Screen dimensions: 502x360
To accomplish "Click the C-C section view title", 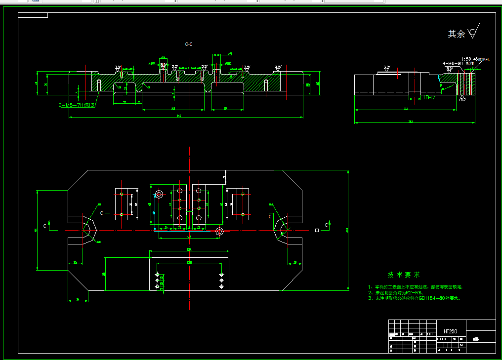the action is coord(188,44).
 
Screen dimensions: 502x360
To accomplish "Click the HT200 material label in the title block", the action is coord(450,331).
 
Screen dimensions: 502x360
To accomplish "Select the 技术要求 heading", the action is coord(404,275).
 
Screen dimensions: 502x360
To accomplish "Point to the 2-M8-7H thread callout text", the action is coord(77,105).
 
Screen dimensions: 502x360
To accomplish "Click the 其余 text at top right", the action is coord(456,34).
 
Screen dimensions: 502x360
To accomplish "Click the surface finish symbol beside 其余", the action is coord(473,32).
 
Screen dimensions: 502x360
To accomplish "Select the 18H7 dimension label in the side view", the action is coord(428,97).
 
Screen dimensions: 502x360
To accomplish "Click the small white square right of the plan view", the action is coord(317,230).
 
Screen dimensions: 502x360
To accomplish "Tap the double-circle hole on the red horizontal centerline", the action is coord(220,231).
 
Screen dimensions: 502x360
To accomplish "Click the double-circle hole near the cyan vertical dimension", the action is coord(159,194).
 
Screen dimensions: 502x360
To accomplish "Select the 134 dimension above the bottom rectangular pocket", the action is coord(189,250).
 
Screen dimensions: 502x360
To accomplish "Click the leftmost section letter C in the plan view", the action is coord(45,225).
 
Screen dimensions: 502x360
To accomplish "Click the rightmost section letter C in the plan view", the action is coord(326,225).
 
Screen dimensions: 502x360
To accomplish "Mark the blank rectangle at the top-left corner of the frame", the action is coord(33,15).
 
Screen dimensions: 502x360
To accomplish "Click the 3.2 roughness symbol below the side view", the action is coord(463,99).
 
